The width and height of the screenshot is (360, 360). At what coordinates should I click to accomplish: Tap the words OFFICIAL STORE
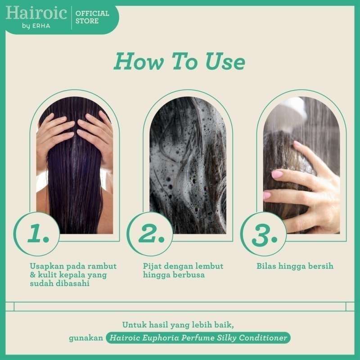click(92, 17)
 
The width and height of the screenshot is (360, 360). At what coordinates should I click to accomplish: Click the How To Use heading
click(179, 62)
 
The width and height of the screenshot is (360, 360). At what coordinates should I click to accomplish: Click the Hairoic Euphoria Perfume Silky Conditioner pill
click(198, 337)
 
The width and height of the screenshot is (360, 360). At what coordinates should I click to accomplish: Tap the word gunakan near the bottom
click(85, 338)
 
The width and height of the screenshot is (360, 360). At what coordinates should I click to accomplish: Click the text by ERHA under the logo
click(36, 25)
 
